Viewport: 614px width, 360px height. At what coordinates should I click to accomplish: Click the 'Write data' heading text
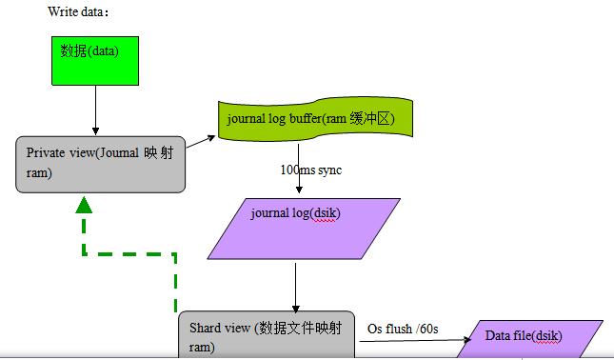coord(78,12)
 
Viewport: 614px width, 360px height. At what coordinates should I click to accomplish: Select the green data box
coord(95,59)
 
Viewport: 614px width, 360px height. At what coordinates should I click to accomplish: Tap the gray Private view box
coord(100,163)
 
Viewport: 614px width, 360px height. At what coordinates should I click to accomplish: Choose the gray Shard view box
coord(267,336)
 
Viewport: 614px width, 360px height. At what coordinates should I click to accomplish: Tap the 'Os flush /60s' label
coord(403,329)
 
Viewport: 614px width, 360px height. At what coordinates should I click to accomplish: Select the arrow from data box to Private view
coord(95,110)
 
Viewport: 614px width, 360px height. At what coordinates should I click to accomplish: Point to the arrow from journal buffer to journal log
coord(298,167)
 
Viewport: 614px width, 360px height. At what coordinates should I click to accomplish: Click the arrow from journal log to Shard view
coord(296,285)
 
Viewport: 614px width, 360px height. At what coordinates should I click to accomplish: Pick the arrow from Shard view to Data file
coord(419,340)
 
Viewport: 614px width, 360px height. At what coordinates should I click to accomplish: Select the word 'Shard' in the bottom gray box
coord(205,329)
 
